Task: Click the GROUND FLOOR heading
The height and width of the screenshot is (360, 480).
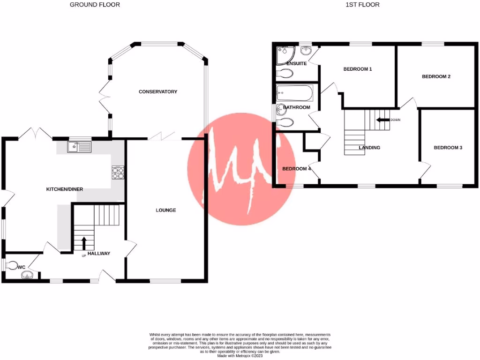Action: coord(95,5)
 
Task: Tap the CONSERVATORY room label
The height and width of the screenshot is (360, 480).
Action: coord(158,91)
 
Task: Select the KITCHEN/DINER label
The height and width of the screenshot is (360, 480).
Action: coord(64,189)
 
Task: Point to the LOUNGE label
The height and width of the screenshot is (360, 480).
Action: coord(166,210)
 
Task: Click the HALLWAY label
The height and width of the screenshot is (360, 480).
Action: coord(98,254)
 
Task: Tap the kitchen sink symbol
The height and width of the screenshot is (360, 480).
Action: coord(78,148)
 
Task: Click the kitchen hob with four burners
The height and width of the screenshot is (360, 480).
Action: coord(118,173)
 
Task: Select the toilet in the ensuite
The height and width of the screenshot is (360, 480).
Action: coord(285,73)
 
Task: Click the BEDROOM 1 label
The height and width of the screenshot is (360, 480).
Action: coord(358,69)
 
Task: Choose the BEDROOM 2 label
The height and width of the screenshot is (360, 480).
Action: coord(436,76)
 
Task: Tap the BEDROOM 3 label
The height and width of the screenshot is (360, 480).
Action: coord(448,148)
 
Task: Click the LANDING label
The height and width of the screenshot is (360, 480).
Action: coord(369,148)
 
